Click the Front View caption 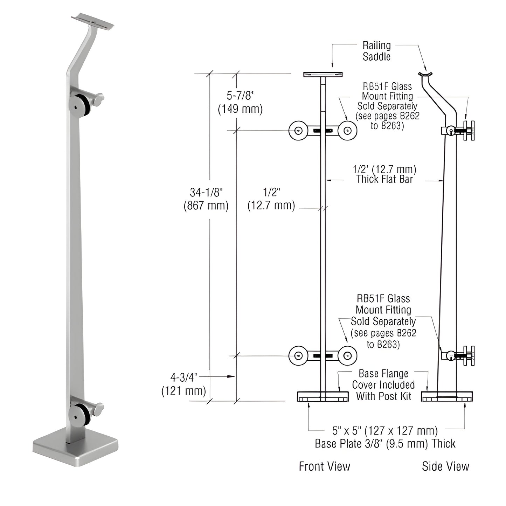pyautogui.click(x=324, y=466)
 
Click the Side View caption pyautogui.click(x=445, y=466)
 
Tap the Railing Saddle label pyautogui.click(x=376, y=51)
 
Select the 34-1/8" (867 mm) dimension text pyautogui.click(x=206, y=199)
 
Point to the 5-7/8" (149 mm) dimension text pyautogui.click(x=240, y=102)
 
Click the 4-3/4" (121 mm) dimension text pyautogui.click(x=183, y=384)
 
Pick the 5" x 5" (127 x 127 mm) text pyautogui.click(x=385, y=430)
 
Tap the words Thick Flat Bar pyautogui.click(x=384, y=179)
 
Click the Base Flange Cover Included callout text pyautogui.click(x=383, y=385)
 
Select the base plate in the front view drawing pyautogui.click(x=323, y=396)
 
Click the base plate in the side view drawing pyautogui.click(x=447, y=396)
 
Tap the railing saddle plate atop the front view pyautogui.click(x=323, y=74)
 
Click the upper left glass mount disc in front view pyautogui.click(x=298, y=131)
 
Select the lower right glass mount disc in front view pyautogui.click(x=347, y=356)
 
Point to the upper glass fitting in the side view pyautogui.click(x=459, y=131)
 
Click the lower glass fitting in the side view pyautogui.click(x=459, y=356)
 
